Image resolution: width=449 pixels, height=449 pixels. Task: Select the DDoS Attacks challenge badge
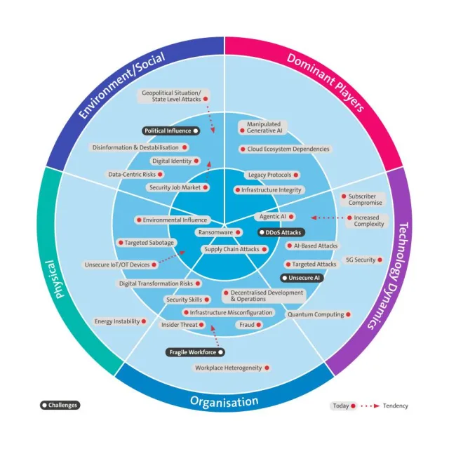(281, 232)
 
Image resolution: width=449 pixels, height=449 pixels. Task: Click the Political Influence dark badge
(170, 130)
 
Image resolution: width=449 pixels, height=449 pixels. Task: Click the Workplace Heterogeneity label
(232, 368)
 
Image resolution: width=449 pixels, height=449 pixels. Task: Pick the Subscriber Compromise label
(363, 200)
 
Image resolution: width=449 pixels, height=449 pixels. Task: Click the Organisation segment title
(224, 402)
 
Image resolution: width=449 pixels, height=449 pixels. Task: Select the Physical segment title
(68, 280)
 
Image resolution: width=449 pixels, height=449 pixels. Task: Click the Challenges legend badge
(60, 405)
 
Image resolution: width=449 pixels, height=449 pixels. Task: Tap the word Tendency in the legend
(395, 406)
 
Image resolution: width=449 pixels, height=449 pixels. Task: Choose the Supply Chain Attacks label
(232, 249)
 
